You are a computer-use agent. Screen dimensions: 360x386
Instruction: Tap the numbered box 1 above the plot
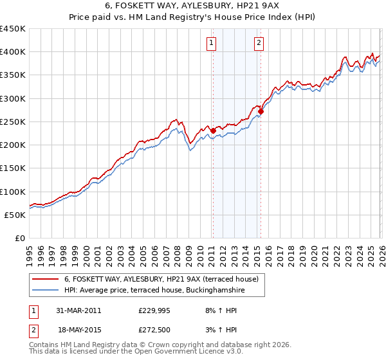212,43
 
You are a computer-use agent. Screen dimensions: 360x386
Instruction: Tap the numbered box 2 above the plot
259,43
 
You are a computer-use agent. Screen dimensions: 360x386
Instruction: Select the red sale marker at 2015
261,111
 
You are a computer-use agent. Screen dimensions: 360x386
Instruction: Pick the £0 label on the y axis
19,238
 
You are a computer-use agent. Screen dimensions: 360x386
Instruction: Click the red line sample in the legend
46,280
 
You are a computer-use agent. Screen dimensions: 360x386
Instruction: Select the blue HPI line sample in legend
46,291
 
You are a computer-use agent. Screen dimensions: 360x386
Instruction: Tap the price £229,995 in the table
154,310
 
